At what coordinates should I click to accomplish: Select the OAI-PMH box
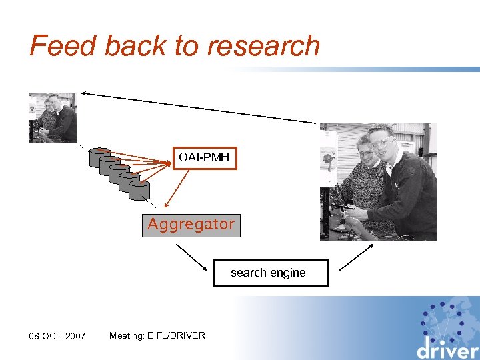pyautogui.click(x=204, y=158)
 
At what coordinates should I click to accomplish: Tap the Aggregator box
pyautogui.click(x=191, y=225)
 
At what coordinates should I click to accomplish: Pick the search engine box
pyautogui.click(x=271, y=273)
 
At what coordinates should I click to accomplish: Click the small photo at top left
pyautogui.click(x=53, y=117)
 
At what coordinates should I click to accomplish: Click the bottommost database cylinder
pyautogui.click(x=139, y=189)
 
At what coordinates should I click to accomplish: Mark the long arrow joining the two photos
pyautogui.click(x=200, y=107)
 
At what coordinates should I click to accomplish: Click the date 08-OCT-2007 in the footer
pyautogui.click(x=57, y=336)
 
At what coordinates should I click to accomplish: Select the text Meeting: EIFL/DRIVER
pyautogui.click(x=157, y=335)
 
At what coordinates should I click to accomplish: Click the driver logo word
pyautogui.click(x=447, y=349)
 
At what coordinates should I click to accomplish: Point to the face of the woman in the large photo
pyautogui.click(x=366, y=155)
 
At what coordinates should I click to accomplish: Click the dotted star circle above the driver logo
pyautogui.click(x=446, y=319)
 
